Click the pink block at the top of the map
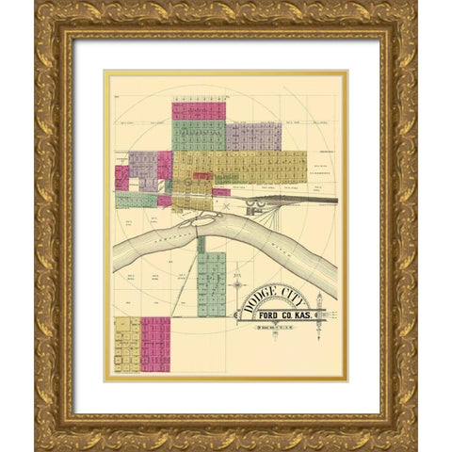click(198, 110)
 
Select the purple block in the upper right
click(253, 136)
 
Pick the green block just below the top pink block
click(198, 135)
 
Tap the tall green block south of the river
click(212, 282)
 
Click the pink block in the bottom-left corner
click(155, 344)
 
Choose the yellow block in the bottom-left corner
click(126, 344)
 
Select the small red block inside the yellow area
click(202, 176)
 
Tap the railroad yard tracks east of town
click(282, 200)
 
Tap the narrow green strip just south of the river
click(202, 245)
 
